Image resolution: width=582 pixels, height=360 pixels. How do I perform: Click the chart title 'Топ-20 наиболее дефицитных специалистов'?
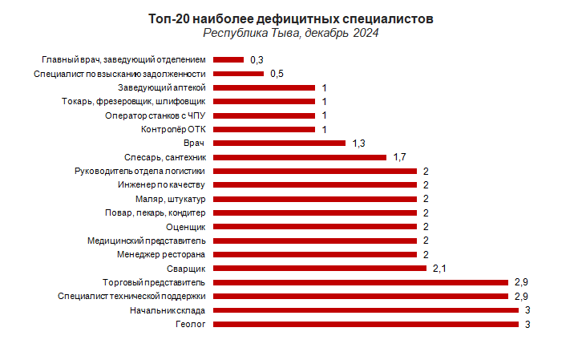291,18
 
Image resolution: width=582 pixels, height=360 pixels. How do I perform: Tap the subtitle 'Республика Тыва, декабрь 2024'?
291,34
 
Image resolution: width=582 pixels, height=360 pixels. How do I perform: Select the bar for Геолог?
366,324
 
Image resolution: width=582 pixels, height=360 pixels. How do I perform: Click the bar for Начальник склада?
366,310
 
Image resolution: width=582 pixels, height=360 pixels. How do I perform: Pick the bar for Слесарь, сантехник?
300,156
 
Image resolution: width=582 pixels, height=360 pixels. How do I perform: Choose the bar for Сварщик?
320,268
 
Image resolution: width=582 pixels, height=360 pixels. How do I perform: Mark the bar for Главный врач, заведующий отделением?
228,59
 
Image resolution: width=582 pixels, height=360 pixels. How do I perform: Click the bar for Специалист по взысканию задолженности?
238,73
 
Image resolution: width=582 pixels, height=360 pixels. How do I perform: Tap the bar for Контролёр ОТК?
264,129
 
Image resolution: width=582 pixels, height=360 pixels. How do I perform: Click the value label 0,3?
257,59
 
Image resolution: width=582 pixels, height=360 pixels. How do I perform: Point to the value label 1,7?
400,156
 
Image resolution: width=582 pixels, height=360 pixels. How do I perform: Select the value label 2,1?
439,268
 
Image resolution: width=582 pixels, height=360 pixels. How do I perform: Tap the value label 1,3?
359,143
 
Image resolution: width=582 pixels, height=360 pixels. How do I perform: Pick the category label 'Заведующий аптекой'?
163,87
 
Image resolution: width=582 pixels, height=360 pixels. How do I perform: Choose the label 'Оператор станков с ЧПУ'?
156,115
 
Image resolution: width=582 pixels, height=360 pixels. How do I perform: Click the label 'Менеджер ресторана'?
161,255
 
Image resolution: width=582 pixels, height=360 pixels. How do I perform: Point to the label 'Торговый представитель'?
155,282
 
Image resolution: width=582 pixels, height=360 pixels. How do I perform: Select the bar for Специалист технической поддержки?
361,296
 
